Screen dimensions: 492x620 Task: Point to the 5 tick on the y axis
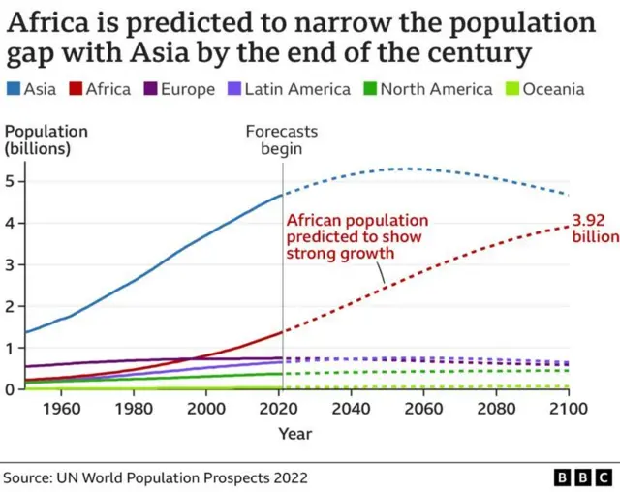11,181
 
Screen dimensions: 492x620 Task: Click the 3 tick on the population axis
11,264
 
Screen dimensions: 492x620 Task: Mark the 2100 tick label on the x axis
568,410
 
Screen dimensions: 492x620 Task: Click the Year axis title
295,434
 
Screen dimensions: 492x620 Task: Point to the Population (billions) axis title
46,139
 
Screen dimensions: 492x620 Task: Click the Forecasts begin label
281,139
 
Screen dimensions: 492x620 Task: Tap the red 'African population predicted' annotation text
356,237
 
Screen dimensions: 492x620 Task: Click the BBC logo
582,477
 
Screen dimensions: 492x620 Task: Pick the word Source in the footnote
28,477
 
